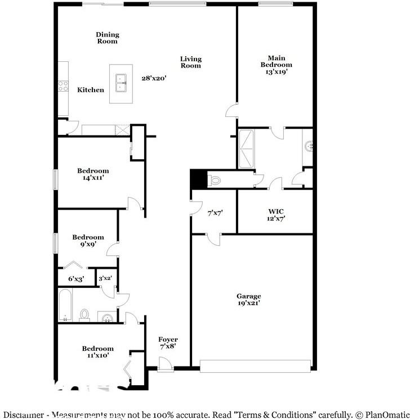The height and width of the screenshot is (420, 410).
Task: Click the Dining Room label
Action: click(x=107, y=38)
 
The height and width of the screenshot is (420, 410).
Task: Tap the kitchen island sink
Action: click(x=121, y=83)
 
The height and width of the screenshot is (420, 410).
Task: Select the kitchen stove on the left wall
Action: click(x=62, y=87)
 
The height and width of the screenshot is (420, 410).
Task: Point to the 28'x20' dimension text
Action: click(x=154, y=79)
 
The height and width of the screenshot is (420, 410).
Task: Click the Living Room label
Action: click(x=190, y=62)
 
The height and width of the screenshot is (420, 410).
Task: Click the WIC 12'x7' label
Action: click(x=276, y=215)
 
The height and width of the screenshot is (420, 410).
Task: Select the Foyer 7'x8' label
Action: click(x=168, y=343)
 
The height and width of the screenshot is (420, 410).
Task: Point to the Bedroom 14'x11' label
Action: click(x=93, y=174)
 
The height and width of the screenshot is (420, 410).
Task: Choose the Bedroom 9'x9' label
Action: click(x=88, y=241)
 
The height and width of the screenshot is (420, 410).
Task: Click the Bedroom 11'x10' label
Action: click(x=97, y=352)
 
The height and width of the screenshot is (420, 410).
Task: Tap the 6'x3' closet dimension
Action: click(x=76, y=278)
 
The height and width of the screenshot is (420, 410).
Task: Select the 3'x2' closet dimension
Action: click(x=105, y=278)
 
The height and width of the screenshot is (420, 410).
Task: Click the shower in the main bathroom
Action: click(x=247, y=149)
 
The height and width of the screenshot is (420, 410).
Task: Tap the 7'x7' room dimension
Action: click(x=216, y=213)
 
